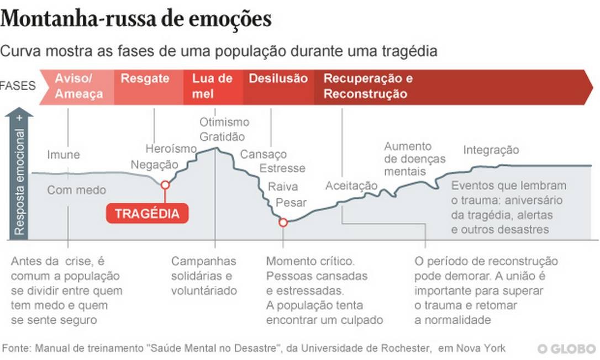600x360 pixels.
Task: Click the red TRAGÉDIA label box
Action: [x=147, y=214]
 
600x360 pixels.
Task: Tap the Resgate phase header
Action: [x=145, y=78]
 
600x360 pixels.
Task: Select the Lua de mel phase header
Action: [x=212, y=86]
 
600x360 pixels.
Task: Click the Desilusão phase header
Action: [x=278, y=78]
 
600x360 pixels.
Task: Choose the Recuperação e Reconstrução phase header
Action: [x=368, y=86]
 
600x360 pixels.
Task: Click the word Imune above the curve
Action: [x=63, y=155]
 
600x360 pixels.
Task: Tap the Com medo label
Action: [x=76, y=190]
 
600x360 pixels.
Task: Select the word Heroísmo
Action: [x=171, y=149]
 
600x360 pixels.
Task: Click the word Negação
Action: [x=155, y=165]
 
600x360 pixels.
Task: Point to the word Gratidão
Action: [x=222, y=136]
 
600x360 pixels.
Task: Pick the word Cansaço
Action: [x=264, y=155]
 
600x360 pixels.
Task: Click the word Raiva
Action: [x=283, y=187]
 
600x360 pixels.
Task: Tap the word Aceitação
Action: [x=351, y=186]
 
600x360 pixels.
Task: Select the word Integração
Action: [x=491, y=150]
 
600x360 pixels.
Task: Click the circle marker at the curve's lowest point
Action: [x=283, y=223]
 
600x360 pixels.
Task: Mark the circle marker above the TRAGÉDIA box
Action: [x=165, y=185]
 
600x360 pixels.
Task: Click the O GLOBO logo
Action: [x=567, y=349]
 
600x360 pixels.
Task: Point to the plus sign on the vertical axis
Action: [x=20, y=118]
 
